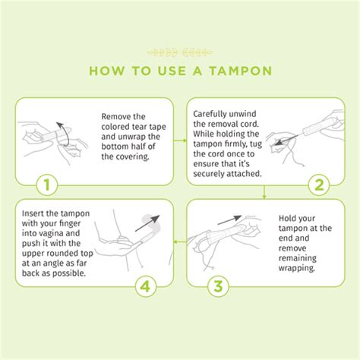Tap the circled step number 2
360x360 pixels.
pos(319,185)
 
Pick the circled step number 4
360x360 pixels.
pos(147,286)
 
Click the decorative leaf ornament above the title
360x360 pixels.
pos(180,52)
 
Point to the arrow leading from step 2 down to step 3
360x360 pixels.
pos(264,193)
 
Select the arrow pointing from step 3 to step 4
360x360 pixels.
pos(179,242)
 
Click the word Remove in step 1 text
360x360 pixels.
pos(118,116)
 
